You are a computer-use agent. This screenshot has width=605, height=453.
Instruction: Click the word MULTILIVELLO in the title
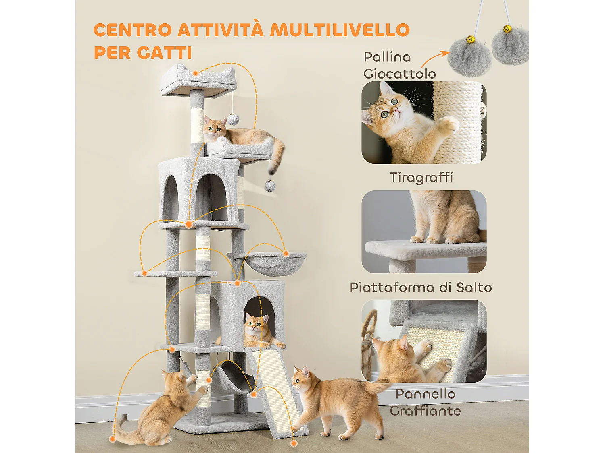tap(340, 30)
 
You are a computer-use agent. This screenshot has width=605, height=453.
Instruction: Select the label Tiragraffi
tap(421, 177)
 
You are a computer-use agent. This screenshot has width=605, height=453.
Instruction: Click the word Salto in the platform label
tap(474, 288)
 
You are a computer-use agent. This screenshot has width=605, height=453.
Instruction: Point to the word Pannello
tap(426, 394)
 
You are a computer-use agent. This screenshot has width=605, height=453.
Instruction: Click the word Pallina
tap(387, 57)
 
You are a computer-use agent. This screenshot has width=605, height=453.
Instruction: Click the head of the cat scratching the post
tap(173, 383)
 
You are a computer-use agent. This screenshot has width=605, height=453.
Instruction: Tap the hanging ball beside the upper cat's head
tap(233, 120)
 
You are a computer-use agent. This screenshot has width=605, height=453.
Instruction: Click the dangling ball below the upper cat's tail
tap(270, 186)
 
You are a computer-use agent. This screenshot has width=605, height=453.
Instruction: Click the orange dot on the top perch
tap(195, 73)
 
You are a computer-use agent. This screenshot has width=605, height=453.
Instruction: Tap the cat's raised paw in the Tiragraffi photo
tap(448, 126)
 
